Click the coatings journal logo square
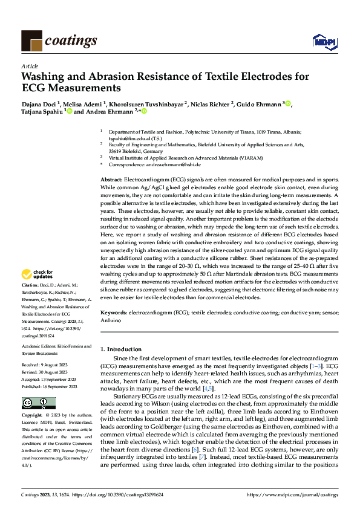31,41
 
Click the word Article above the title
30,66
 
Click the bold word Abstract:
111,181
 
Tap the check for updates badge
38,273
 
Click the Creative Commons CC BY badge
35,403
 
